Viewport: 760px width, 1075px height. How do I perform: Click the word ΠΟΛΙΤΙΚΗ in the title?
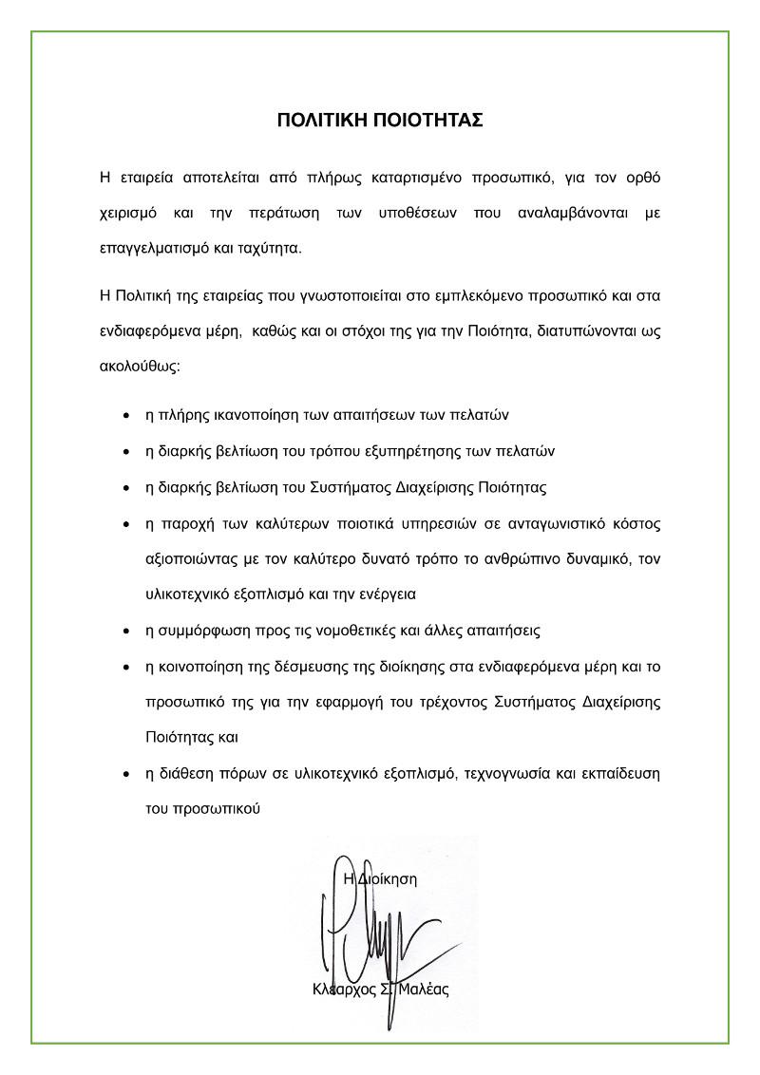tap(320, 120)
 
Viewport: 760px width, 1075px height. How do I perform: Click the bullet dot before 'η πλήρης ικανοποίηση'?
tap(127, 417)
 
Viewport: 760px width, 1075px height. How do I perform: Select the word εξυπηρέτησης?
tap(440, 451)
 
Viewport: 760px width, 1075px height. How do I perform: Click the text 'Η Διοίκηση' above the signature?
tap(380, 878)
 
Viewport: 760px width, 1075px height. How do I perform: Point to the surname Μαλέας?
tap(424, 989)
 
